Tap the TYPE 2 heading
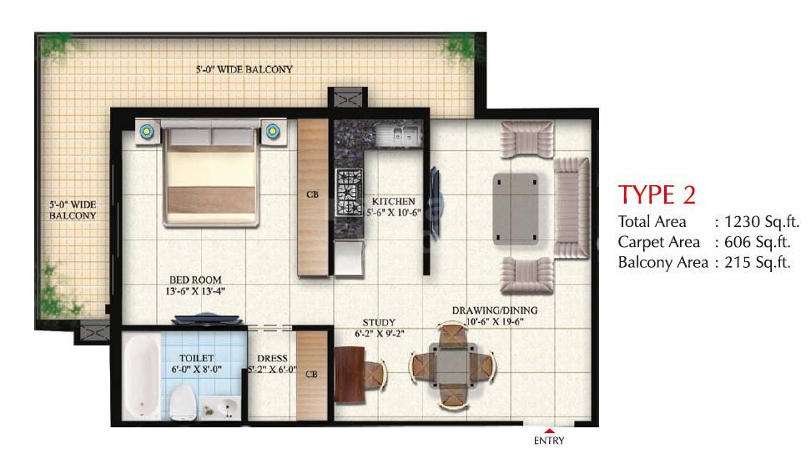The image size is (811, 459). [x=657, y=194]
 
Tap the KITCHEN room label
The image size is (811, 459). [x=393, y=201]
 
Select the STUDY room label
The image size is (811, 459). [x=379, y=322]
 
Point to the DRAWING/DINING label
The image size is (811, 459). [x=495, y=310]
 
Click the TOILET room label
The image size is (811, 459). [x=197, y=357]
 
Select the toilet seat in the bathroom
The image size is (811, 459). [x=184, y=401]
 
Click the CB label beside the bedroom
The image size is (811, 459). [x=312, y=195]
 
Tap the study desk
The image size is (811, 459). [x=348, y=376]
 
